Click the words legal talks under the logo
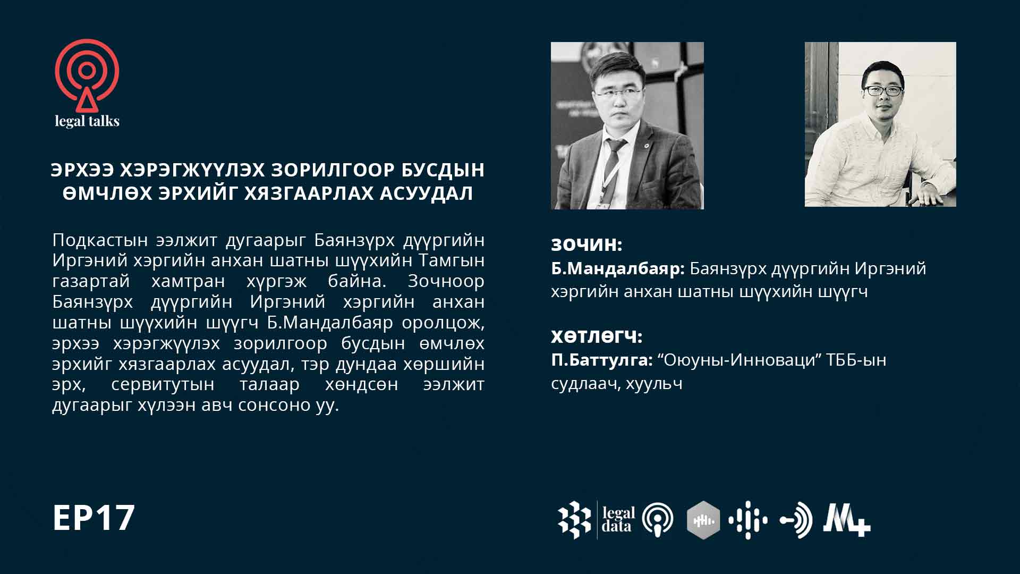pyautogui.click(x=87, y=121)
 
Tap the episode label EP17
pyautogui.click(x=93, y=518)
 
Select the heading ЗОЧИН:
pyautogui.click(x=586, y=244)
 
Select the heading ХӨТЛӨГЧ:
pyautogui.click(x=597, y=336)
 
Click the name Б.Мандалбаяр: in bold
pyautogui.click(x=618, y=269)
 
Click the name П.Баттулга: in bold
pyautogui.click(x=602, y=360)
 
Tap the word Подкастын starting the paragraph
pyautogui.click(x=100, y=240)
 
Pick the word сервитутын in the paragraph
pyautogui.click(x=163, y=384)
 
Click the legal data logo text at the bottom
pyautogui.click(x=618, y=520)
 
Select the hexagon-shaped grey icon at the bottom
pyautogui.click(x=704, y=520)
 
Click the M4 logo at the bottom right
pyautogui.click(x=847, y=520)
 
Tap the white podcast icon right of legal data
pyautogui.click(x=658, y=520)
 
